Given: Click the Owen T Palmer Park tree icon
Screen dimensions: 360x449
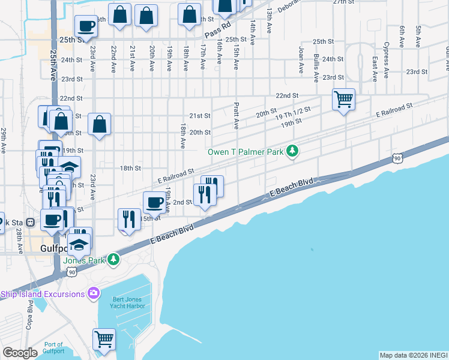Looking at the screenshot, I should (x=292, y=151).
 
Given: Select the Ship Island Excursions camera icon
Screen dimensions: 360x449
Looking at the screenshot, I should (x=93, y=293).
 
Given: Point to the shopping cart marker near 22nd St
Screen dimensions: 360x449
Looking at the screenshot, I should (x=343, y=99).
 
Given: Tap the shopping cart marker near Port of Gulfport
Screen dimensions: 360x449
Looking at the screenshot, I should (x=104, y=339).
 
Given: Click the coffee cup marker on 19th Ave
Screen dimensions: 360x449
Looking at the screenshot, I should (x=154, y=202).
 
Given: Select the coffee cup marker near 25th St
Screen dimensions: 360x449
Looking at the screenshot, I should (x=86, y=26).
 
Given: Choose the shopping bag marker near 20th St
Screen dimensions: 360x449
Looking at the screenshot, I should (x=100, y=124).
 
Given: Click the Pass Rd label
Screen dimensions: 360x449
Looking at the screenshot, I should (x=217, y=29).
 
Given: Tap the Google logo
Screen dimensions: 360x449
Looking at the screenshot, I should (x=20, y=353).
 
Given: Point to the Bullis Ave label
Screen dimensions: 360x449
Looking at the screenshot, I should (x=316, y=67).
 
